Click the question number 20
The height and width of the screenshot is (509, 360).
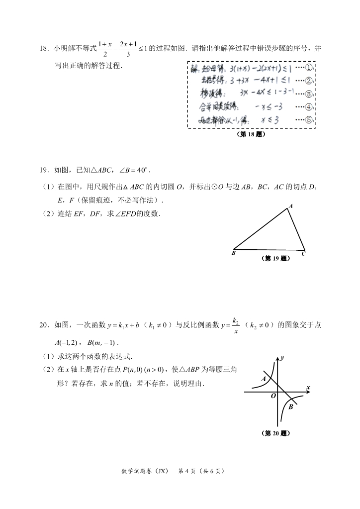coord(43,325)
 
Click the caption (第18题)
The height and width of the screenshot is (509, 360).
coord(251,134)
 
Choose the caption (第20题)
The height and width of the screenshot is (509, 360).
coord(275,433)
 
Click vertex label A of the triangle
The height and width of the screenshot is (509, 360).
coord(290,205)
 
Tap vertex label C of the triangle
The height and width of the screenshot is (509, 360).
coord(303,254)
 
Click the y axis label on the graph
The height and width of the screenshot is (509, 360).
coord(282,358)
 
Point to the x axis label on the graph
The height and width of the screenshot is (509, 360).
coord(308,387)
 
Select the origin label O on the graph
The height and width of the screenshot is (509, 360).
coord(273,396)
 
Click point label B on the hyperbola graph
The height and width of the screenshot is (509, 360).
coord(291,407)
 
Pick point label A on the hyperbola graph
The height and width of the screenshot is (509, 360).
coord(263,379)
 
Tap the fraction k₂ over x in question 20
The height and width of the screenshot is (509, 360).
coord(236,325)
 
